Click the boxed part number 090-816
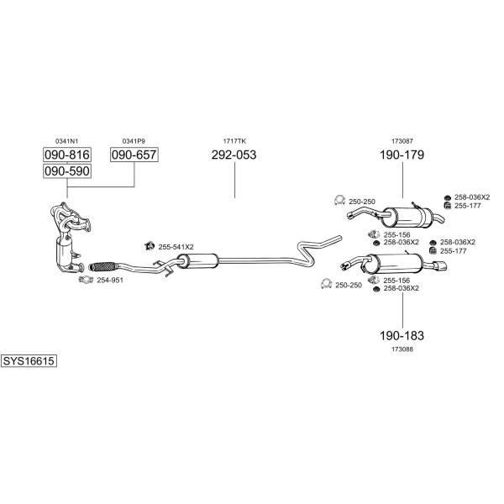point(67,155)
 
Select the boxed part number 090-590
point(67,171)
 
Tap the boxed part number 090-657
point(134,155)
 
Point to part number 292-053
point(234,155)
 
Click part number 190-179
point(402,155)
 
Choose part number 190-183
point(402,335)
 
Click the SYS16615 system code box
point(29,361)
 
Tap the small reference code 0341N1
point(67,141)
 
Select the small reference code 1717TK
point(234,141)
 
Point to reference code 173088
point(402,349)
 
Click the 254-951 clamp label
point(110,280)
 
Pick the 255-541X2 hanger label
point(176,247)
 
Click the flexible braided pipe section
point(102,266)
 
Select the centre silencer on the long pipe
point(197,260)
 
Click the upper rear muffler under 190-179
point(407,218)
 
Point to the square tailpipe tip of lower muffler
point(439,266)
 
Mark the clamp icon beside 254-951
point(86,280)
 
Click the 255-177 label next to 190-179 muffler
point(467,206)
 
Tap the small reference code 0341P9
point(134,141)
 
